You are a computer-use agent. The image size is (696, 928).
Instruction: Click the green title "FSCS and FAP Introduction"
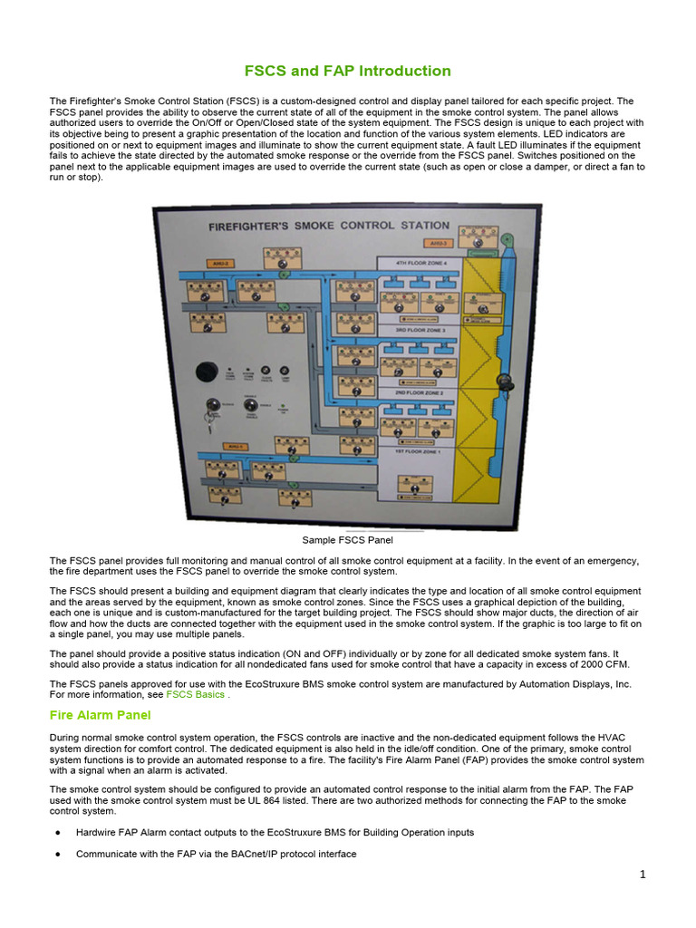click(x=348, y=71)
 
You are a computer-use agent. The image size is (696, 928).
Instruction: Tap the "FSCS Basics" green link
click(x=195, y=694)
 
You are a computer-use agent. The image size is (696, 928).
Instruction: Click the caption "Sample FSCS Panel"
click(x=347, y=540)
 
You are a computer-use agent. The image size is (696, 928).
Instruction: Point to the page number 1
click(x=642, y=874)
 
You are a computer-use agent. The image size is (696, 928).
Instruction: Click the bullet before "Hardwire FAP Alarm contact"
click(x=58, y=832)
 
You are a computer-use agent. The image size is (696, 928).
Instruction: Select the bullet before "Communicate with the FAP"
click(x=58, y=854)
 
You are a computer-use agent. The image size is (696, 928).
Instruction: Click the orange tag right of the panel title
click(x=439, y=243)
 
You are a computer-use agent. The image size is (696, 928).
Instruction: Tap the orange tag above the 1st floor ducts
click(x=209, y=448)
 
